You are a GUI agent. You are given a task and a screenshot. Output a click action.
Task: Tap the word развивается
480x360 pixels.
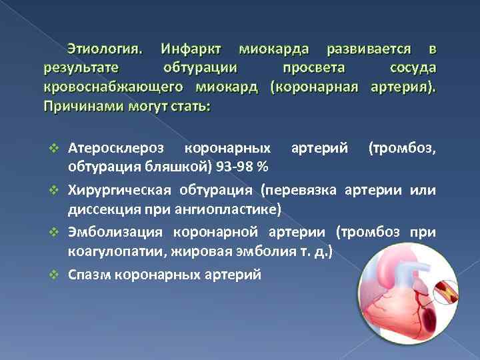[367, 49]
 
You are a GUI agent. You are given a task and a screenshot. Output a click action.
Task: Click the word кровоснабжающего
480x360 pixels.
[113, 87]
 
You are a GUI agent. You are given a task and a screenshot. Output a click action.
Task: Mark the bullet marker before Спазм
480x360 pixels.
[57, 274]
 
